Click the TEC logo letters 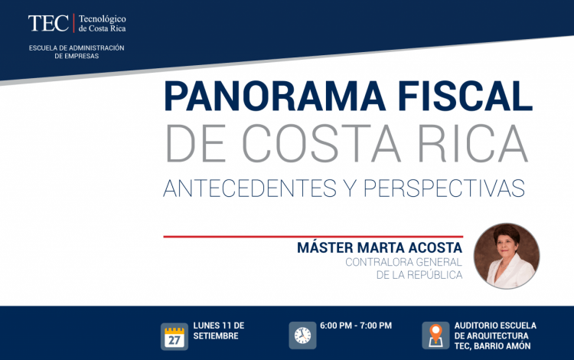click(x=48, y=24)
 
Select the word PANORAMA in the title click(x=275, y=96)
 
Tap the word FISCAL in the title click(x=465, y=96)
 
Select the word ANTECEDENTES click(x=250, y=188)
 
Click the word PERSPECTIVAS click(x=444, y=188)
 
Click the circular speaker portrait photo click(x=507, y=256)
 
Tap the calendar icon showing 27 click(x=174, y=336)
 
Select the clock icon click(x=302, y=335)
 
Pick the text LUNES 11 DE click(x=219, y=326)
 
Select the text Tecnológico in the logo click(x=102, y=19)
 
